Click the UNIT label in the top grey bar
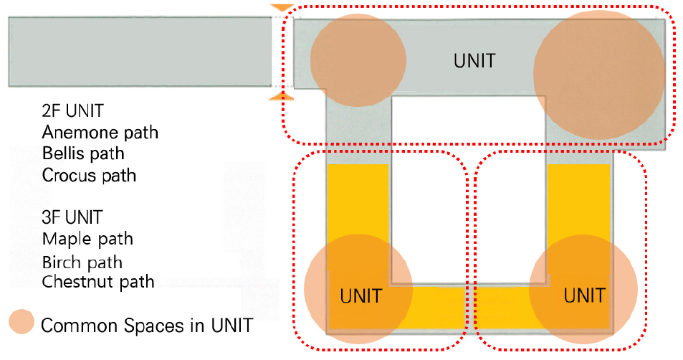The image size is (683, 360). click(x=474, y=60)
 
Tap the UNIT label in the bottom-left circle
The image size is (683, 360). click(x=360, y=295)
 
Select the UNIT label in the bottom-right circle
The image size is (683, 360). click(x=584, y=295)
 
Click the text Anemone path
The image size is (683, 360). click(x=100, y=133)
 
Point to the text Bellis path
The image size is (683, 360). click(x=83, y=153)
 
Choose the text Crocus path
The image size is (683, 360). click(x=89, y=175)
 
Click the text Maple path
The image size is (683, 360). click(x=87, y=239)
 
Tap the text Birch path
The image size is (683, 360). click(x=82, y=262)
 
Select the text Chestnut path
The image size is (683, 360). click(x=98, y=282)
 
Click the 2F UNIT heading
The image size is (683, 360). click(x=73, y=112)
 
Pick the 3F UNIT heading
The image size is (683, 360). click(x=72, y=217)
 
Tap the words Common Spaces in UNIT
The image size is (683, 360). click(x=147, y=326)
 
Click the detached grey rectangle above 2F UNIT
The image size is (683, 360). click(x=140, y=51)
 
